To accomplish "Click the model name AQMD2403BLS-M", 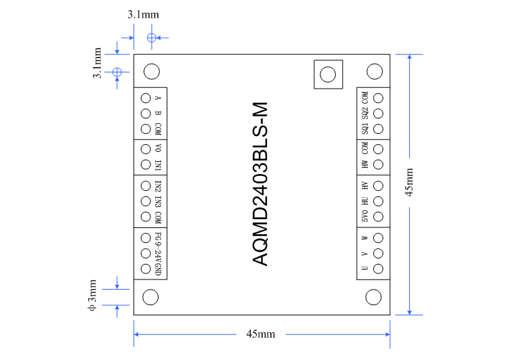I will tap(261, 184).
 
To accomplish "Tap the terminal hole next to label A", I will tap(145, 97).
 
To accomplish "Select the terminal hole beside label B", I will tap(145, 113).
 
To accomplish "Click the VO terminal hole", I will tap(145, 149).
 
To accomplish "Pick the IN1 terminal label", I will tap(158, 165).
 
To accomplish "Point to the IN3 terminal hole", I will tap(145, 201).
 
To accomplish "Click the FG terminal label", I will tap(158, 237).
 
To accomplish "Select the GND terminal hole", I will tap(145, 269).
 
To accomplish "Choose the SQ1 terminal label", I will tap(365, 127).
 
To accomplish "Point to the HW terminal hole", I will tap(379, 165).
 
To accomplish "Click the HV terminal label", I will tap(365, 185).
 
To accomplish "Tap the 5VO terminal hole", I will tap(379, 217).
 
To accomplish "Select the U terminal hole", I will tap(379, 269).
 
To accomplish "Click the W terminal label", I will tap(365, 238).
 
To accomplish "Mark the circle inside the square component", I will tap(329, 74).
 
